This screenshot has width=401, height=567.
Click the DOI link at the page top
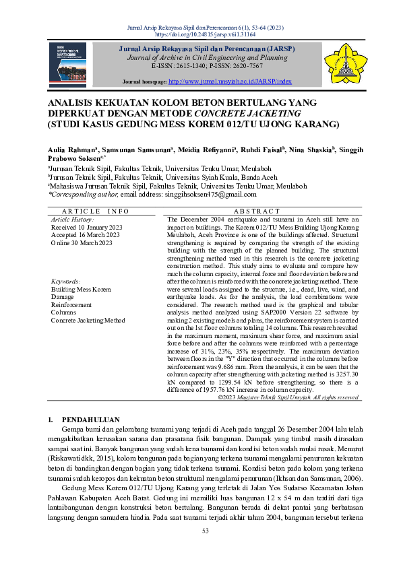click(200, 33)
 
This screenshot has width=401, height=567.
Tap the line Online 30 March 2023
click(82, 242)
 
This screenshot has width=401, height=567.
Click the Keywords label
click(66, 281)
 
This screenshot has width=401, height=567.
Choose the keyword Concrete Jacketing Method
click(88, 321)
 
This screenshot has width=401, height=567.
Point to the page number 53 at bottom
click(200, 549)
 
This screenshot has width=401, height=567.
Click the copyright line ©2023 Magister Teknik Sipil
click(288, 398)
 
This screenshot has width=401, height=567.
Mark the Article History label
click(73, 220)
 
